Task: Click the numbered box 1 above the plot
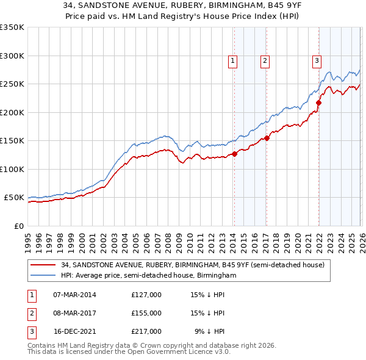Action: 233,60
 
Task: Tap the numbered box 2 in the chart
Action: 265,60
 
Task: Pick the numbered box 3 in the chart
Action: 317,60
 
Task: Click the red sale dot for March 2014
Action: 234,154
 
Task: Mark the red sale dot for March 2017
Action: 267,139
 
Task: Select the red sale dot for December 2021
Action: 318,103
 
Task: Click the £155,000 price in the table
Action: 146,313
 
